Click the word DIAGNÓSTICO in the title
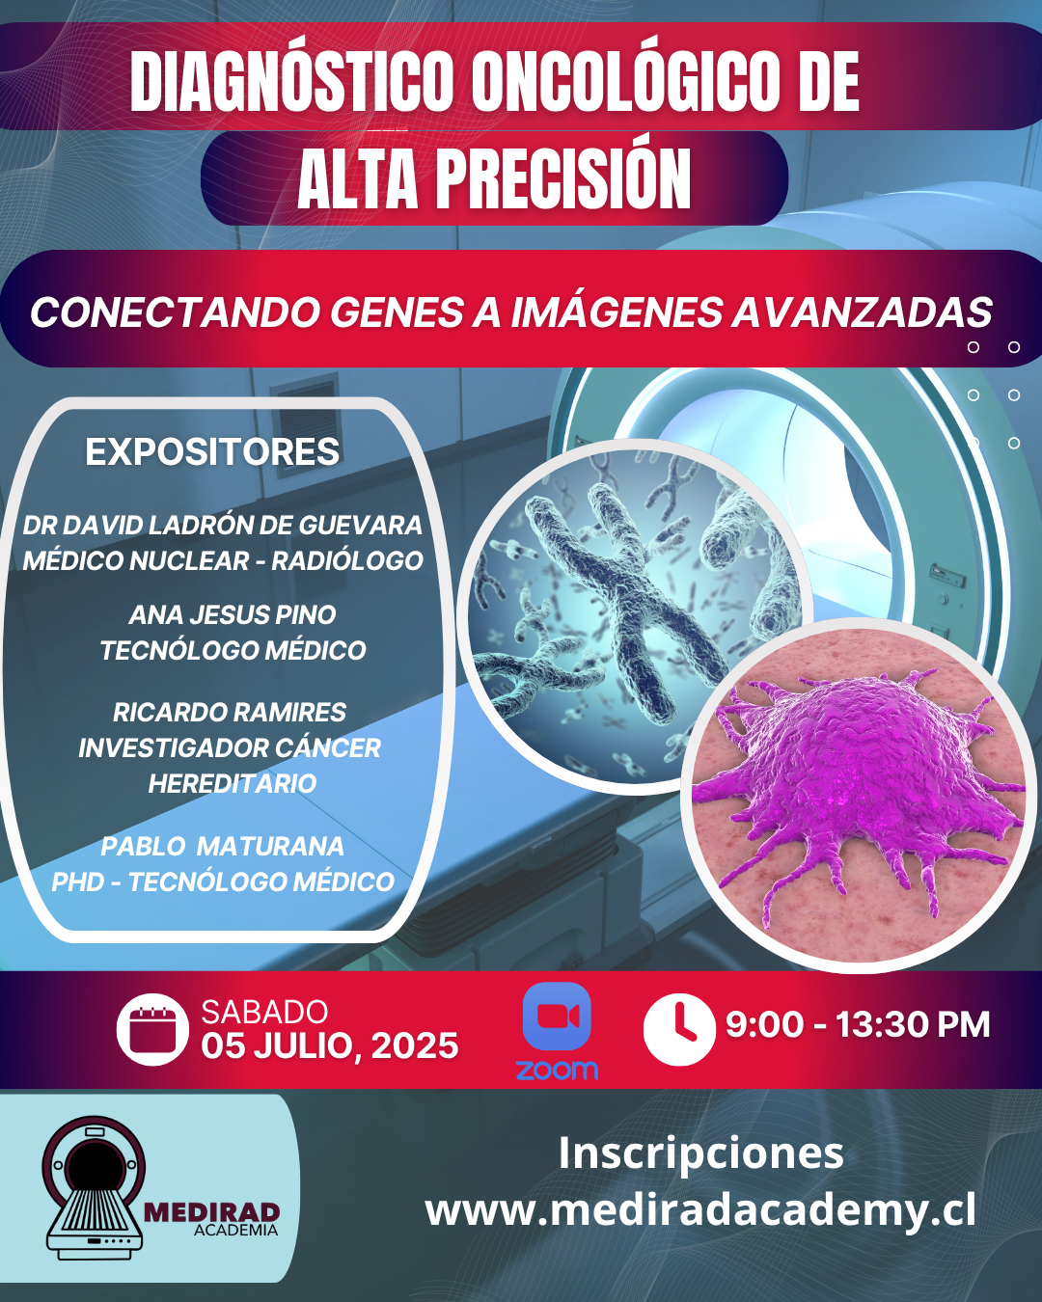pos(291,81)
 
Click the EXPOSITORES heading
pos(212,451)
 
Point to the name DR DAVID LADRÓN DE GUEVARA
pos(222,526)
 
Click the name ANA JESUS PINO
pos(233,614)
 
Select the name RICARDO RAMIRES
pos(230,712)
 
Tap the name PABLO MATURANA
pos(222,847)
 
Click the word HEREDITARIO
pos(233,783)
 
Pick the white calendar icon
pos(152,1029)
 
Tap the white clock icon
pos(679,1029)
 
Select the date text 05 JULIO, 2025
pos(330,1046)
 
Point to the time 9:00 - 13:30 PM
pos(858,1023)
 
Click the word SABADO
pos(264,1013)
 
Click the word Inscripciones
pos(700,1153)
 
